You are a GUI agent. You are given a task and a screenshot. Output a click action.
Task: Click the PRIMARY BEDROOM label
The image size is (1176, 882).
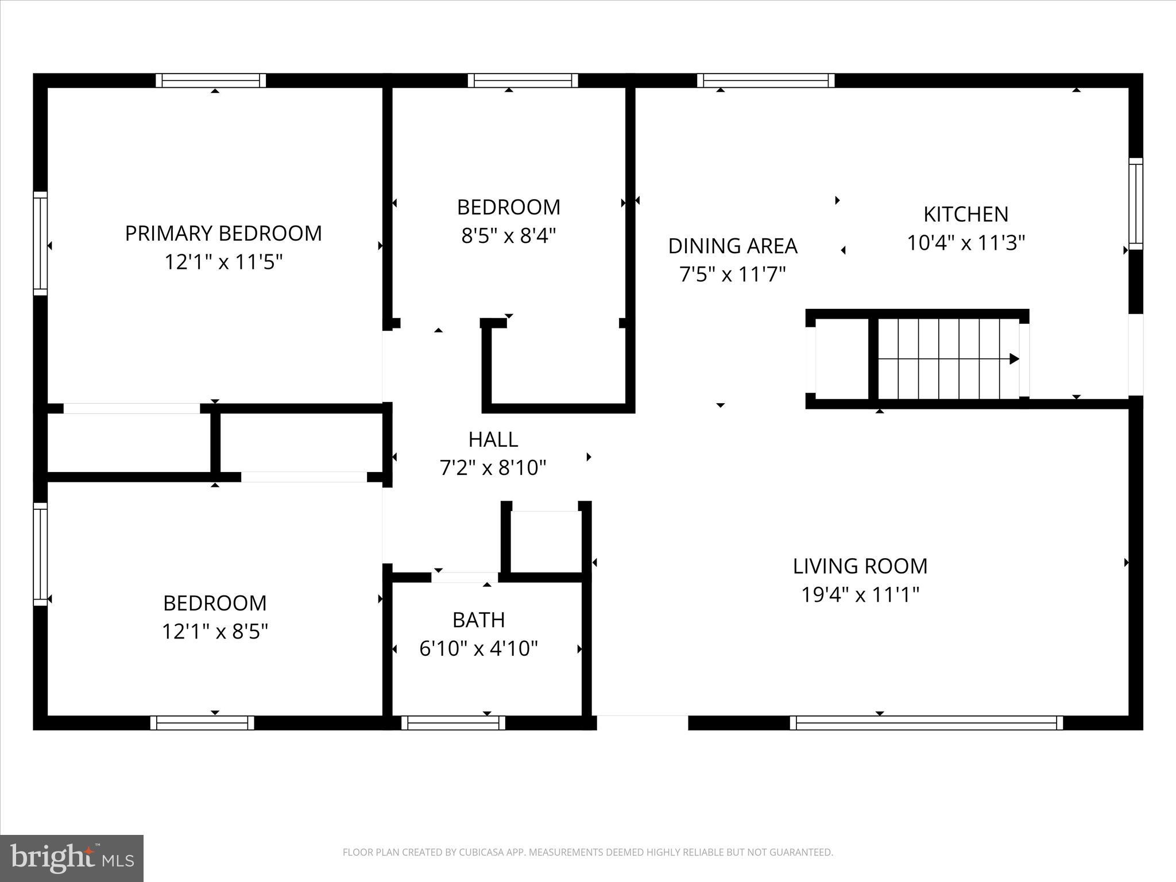coord(223,233)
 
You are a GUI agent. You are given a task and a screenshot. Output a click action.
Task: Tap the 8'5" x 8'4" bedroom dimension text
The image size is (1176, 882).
coord(509,235)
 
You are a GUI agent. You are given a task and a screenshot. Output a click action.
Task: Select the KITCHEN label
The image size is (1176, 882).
coord(966,214)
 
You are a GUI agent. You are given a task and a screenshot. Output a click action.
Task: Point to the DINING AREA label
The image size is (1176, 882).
coord(733,246)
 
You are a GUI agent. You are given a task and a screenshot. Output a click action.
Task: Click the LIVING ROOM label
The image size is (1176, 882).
coord(860,566)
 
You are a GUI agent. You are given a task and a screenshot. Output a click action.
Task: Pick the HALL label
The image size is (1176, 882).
coord(493,439)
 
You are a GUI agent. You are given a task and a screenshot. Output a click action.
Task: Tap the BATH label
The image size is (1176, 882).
coord(479,620)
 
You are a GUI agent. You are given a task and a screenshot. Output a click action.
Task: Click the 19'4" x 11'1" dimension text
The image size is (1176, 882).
coord(860,595)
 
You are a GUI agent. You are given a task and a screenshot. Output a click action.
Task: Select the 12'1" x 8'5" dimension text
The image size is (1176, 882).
coord(215,632)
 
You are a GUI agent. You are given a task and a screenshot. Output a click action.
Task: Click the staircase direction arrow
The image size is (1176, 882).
coord(1014,359)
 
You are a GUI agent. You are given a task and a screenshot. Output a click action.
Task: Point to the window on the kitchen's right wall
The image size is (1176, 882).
coord(1135,204)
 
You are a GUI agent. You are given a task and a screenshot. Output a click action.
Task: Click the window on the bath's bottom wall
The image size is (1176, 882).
coord(453,722)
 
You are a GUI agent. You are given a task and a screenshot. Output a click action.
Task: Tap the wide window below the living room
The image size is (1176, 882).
coord(926,722)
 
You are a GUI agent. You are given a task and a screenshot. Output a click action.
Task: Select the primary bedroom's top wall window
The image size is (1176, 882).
coord(211,80)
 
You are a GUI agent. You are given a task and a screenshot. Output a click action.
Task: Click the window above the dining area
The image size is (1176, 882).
coord(765,80)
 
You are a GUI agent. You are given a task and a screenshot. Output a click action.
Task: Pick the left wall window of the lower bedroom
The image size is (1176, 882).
coord(40,554)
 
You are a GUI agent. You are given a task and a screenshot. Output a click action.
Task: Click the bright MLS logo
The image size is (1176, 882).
coord(72,858)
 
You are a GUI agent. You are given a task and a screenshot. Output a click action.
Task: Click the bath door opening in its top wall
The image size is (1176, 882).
coord(465,577)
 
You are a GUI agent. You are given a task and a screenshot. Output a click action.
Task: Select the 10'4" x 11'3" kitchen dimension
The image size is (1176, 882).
coord(966,243)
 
